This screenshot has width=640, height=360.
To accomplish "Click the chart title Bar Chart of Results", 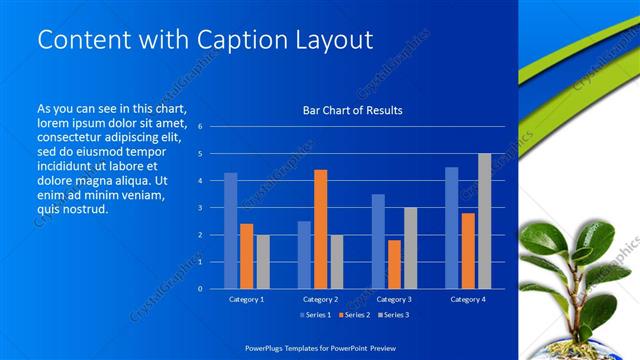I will (352, 110).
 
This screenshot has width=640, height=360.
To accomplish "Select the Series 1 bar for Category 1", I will (230, 231).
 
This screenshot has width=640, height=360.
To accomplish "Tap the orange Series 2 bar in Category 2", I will (320, 229).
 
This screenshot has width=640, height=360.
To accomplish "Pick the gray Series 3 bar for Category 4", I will (484, 221).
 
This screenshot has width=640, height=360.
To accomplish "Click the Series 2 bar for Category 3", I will (394, 264).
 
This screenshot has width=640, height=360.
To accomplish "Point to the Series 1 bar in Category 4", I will (451, 228).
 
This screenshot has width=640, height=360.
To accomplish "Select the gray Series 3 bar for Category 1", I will (263, 262).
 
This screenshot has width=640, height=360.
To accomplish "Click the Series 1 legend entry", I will (319, 315).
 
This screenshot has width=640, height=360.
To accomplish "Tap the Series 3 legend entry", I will (391, 315).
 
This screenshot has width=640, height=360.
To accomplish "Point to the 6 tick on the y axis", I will (200, 127).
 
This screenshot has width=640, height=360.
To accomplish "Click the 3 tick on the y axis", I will (200, 208).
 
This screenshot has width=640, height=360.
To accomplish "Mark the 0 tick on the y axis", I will (200, 289).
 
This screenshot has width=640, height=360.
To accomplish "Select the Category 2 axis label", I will (320, 299).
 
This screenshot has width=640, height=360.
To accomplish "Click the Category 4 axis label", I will (467, 299).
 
